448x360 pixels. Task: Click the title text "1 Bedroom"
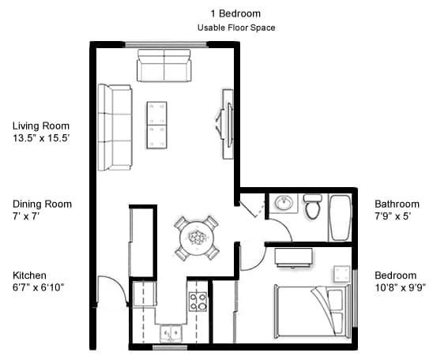click(x=235, y=13)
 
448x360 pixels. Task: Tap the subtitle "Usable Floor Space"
click(x=235, y=28)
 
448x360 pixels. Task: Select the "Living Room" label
click(x=41, y=126)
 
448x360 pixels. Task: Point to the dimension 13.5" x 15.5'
click(x=41, y=138)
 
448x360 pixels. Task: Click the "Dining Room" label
click(x=42, y=204)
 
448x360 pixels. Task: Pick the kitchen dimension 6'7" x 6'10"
click(x=38, y=287)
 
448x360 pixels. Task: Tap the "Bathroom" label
click(x=397, y=204)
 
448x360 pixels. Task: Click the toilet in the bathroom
click(x=313, y=207)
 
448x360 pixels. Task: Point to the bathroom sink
click(x=284, y=204)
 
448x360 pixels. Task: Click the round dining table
click(x=197, y=236)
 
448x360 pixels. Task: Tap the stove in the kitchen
click(x=197, y=301)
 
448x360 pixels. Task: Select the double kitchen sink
click(x=170, y=333)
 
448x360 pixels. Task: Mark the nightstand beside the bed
click(x=341, y=273)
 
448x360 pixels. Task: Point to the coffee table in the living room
click(x=157, y=125)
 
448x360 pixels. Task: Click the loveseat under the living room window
click(x=164, y=66)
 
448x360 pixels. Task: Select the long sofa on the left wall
click(x=115, y=128)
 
